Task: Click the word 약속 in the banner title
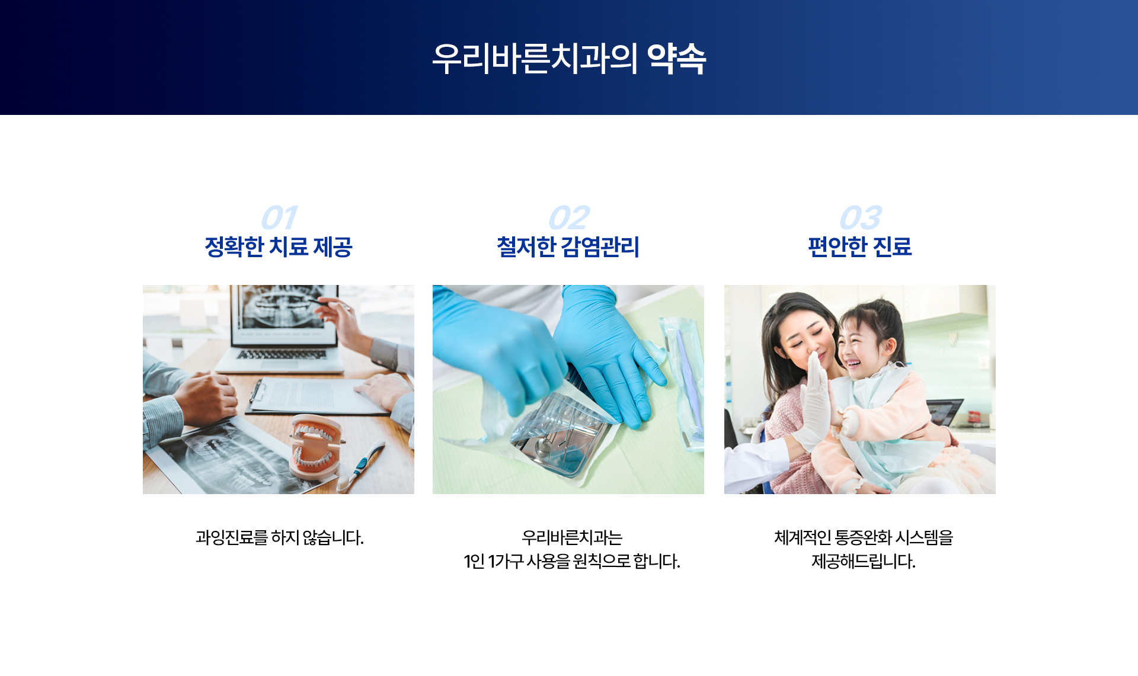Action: click(x=677, y=59)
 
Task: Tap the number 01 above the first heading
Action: click(x=279, y=217)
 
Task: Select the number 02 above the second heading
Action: click(x=569, y=217)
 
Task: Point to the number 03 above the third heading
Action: click(x=861, y=217)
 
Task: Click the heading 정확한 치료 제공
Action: click(x=279, y=246)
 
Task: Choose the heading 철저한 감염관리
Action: click(x=568, y=246)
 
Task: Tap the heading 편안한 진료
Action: click(x=860, y=246)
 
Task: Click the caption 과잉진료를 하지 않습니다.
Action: click(x=280, y=537)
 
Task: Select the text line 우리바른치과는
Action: click(x=572, y=537)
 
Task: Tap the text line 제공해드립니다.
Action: click(x=864, y=561)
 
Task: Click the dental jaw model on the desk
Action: click(x=316, y=446)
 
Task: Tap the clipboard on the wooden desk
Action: click(x=317, y=395)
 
